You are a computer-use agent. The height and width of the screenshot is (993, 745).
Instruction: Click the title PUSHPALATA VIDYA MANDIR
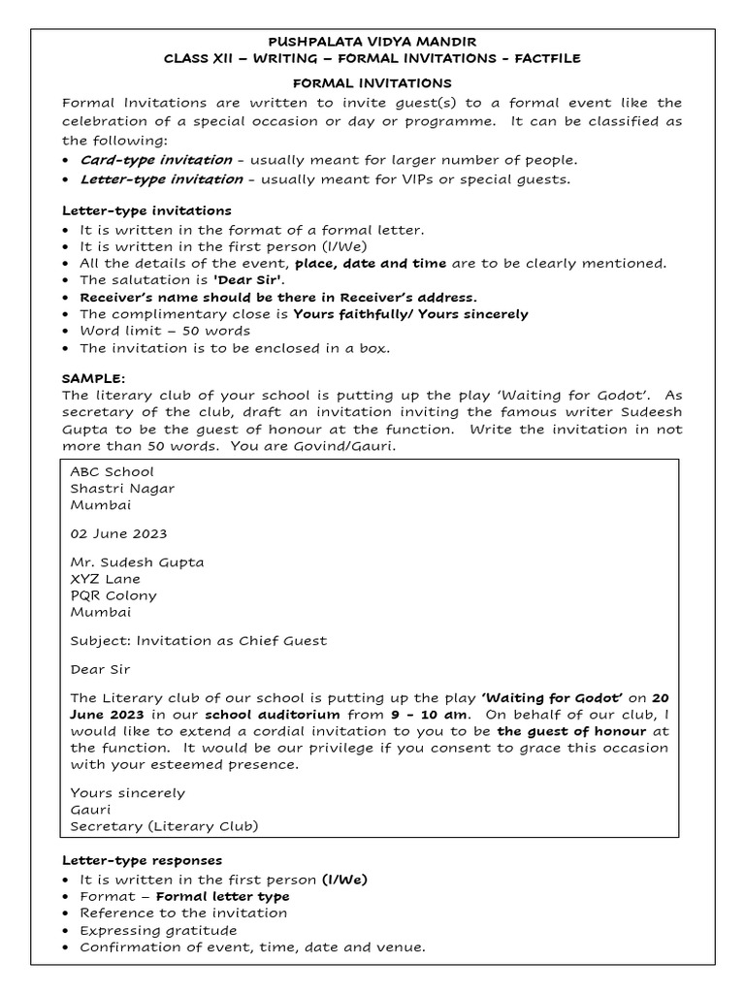point(372,42)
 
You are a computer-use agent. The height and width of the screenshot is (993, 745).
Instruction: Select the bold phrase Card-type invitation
point(155,160)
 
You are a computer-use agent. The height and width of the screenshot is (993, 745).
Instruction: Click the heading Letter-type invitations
point(146,210)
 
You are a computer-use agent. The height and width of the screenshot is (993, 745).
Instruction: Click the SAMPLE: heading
point(94,378)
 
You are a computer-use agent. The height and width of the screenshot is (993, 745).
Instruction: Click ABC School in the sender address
point(112,472)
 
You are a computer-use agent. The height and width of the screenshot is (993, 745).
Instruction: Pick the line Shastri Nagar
point(122,489)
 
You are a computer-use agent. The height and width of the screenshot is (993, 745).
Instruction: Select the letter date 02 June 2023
point(118,533)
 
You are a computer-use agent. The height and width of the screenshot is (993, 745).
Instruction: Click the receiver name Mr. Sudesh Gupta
point(137,562)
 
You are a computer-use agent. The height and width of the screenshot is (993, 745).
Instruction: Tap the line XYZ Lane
point(105,579)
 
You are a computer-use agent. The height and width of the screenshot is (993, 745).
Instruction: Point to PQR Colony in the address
point(113,595)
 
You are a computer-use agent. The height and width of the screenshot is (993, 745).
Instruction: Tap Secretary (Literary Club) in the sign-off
point(164,826)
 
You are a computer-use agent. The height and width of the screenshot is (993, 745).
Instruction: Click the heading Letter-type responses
point(143,860)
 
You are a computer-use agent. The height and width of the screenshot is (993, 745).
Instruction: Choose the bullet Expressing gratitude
point(158,930)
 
